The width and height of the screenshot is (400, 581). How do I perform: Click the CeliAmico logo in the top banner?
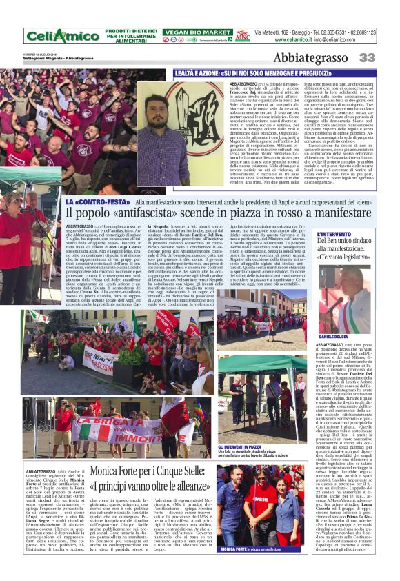[x=54, y=36]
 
